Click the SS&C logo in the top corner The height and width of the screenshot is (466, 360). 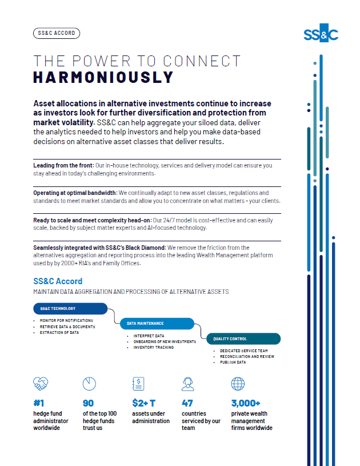[321, 34]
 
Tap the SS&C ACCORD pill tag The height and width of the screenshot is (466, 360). [57, 33]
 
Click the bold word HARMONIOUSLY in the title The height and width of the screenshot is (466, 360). [103, 77]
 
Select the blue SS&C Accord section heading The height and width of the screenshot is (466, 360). [58, 281]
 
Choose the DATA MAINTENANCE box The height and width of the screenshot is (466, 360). [157, 324]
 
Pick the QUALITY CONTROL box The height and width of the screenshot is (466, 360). [243, 339]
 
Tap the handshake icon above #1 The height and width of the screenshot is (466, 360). [41, 384]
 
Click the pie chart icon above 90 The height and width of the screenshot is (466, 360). [89, 383]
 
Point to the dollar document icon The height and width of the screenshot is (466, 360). [138, 383]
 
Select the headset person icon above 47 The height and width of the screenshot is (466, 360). [187, 383]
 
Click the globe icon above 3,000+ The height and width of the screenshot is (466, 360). [238, 383]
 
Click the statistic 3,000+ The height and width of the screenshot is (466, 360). [246, 403]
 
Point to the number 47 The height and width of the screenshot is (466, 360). [188, 403]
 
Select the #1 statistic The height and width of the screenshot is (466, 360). [39, 403]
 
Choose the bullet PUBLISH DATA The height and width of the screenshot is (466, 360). [233, 363]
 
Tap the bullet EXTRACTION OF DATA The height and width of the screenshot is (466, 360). [59, 333]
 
